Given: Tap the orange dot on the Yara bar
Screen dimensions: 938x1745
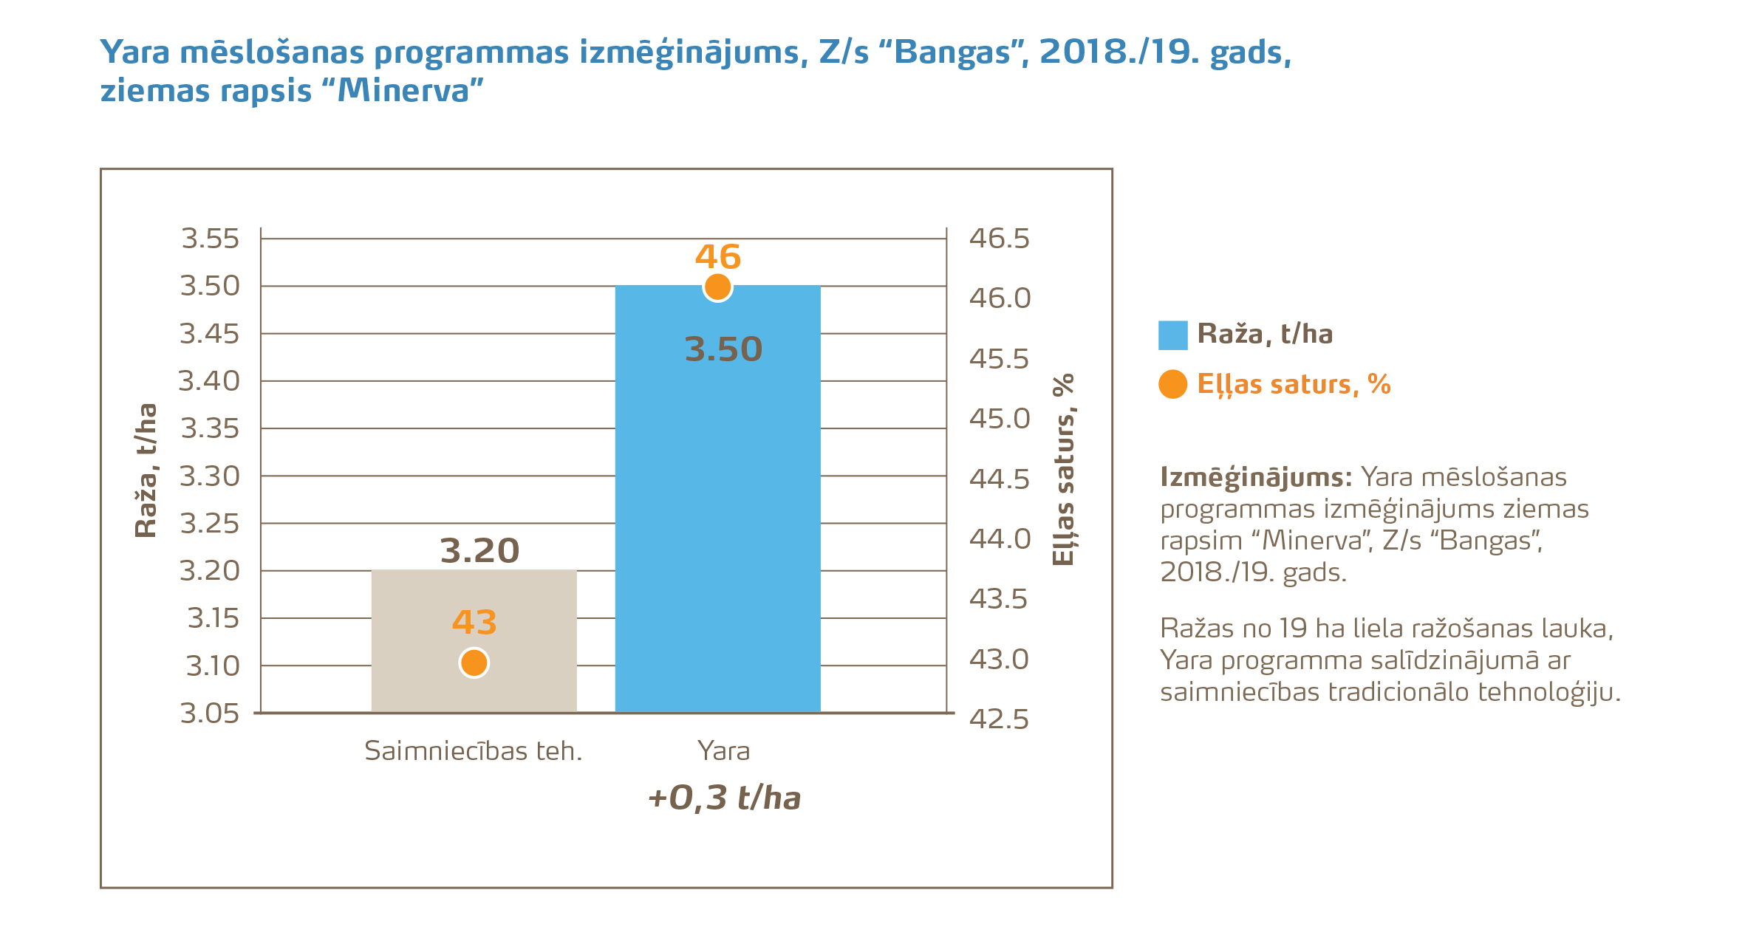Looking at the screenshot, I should coord(717,287).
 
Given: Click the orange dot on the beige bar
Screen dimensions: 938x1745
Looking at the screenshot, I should coord(474,663).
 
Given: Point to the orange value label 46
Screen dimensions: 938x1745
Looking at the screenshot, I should coord(717,257).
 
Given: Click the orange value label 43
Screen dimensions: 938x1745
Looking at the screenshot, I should coord(474,623).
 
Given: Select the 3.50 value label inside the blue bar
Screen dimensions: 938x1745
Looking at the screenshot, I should coord(723,349).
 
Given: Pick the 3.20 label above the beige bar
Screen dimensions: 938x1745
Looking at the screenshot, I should coord(479,551).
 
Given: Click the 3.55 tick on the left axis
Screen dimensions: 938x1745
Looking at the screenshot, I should coord(211,239).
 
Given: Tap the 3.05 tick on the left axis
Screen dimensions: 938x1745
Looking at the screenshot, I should coord(211,713).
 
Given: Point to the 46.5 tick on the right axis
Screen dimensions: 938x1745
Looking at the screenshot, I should coord(999,239).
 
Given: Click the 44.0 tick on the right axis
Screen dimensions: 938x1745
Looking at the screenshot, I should coord(1000,538).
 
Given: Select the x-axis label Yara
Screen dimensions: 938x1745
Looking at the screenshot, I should coord(723,751).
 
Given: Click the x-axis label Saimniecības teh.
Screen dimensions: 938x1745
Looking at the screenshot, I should coord(474,751).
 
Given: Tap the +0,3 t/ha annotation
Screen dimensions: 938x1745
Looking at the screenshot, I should coord(724,798).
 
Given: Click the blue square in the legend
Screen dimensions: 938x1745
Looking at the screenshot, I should coord(1172,335).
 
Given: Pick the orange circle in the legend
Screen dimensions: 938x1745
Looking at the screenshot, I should coord(1172,384).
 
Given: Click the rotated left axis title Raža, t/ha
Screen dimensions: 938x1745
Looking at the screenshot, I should coord(146,470).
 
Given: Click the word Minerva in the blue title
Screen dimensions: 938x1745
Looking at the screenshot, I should coord(403,91).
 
